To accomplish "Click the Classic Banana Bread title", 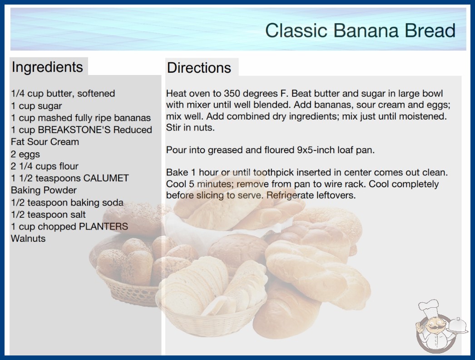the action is (360, 30).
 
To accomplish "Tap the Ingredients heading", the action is (47, 67).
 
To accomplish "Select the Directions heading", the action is (199, 68).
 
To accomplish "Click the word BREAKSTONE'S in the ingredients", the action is (74, 130).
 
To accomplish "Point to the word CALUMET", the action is (106, 178).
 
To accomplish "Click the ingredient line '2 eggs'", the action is (25, 154).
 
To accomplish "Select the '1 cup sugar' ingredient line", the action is (36, 106).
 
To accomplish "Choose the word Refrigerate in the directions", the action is (290, 195).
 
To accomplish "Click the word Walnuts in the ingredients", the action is (28, 239).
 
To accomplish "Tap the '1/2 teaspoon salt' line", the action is (48, 215).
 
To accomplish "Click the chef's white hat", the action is (429, 308).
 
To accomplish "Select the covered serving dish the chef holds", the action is (457, 326).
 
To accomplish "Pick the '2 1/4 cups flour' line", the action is (45, 166).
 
